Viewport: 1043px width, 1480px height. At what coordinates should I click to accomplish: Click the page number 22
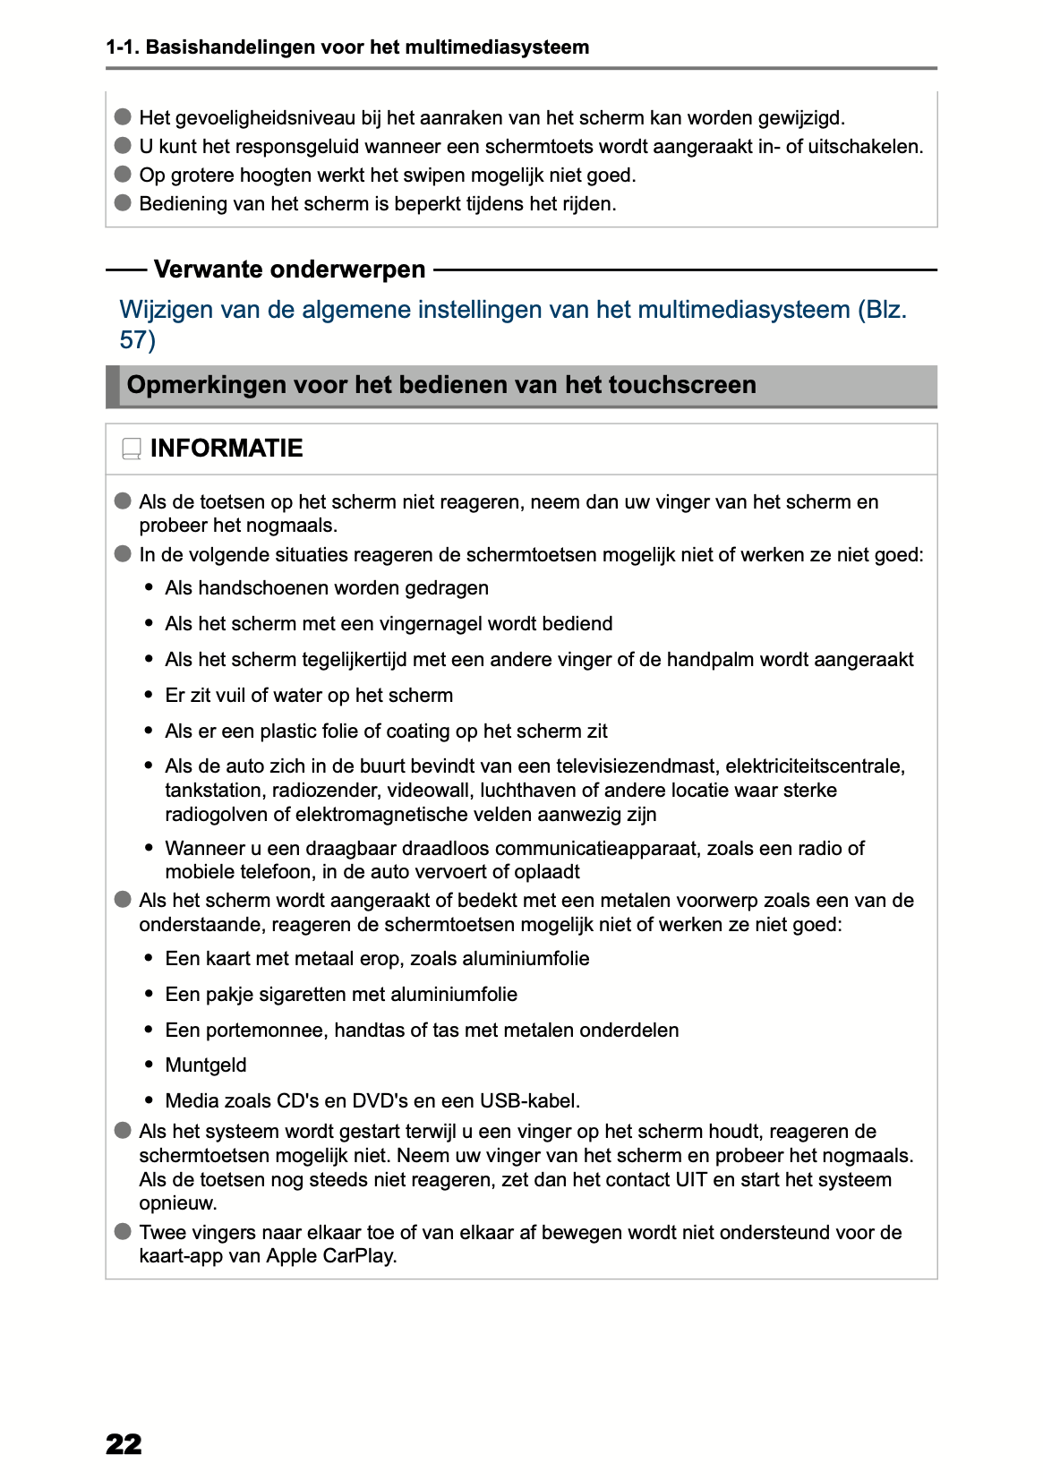tap(124, 1444)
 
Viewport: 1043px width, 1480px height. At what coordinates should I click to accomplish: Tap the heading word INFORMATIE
tap(227, 448)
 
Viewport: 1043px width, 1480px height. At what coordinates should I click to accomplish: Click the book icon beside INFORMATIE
tap(132, 449)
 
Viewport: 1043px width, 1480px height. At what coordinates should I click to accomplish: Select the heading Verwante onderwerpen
tap(289, 269)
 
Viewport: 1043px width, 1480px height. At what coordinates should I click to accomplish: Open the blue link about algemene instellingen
tap(513, 311)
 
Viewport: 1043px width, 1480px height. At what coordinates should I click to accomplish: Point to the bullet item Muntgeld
tap(206, 1065)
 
